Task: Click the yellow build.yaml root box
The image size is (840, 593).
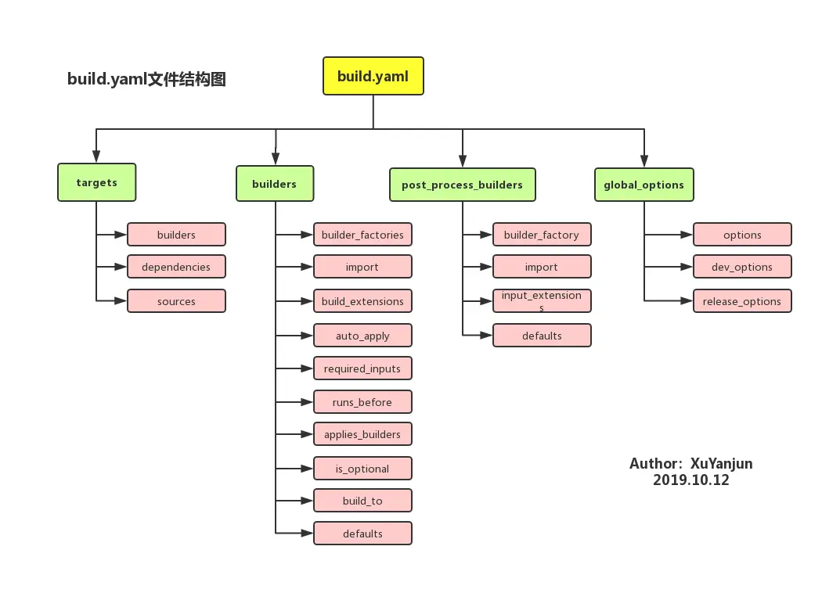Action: click(x=373, y=76)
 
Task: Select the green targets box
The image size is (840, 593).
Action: click(x=96, y=182)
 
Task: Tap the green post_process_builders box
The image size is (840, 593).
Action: click(x=462, y=185)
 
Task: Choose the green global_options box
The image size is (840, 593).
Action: click(x=644, y=185)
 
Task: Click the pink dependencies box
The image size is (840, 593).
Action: click(x=176, y=267)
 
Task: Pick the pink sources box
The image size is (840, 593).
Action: click(x=176, y=301)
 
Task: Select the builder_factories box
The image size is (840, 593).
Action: click(x=362, y=235)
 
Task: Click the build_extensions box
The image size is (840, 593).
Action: click(x=362, y=301)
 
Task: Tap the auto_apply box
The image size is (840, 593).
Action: click(x=362, y=336)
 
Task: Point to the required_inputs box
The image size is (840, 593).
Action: click(x=362, y=368)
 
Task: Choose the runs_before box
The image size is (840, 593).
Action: click(x=362, y=402)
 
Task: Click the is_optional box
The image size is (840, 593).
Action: click(x=362, y=469)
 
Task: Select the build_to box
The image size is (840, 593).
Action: click(x=362, y=501)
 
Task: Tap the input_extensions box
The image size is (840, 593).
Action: click(x=542, y=301)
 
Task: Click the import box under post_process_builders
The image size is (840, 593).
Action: click(x=542, y=267)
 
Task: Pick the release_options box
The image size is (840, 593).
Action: click(x=742, y=301)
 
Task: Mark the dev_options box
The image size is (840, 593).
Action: click(x=742, y=267)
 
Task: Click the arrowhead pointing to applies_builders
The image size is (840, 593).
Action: click(x=307, y=434)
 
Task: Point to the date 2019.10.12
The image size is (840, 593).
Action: click(x=690, y=480)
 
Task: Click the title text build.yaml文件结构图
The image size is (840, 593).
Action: click(x=146, y=79)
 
